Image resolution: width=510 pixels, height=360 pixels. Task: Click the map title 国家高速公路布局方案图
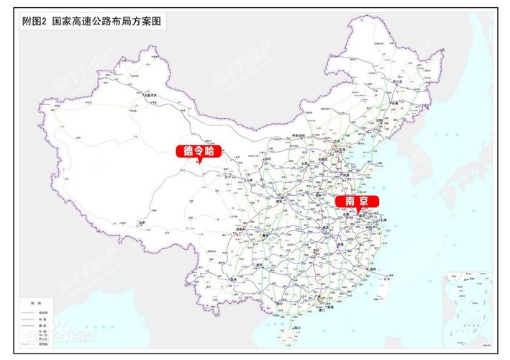(x=108, y=22)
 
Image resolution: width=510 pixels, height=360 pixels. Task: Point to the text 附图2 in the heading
(x=35, y=22)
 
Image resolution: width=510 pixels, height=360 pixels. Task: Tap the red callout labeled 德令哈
(x=195, y=151)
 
